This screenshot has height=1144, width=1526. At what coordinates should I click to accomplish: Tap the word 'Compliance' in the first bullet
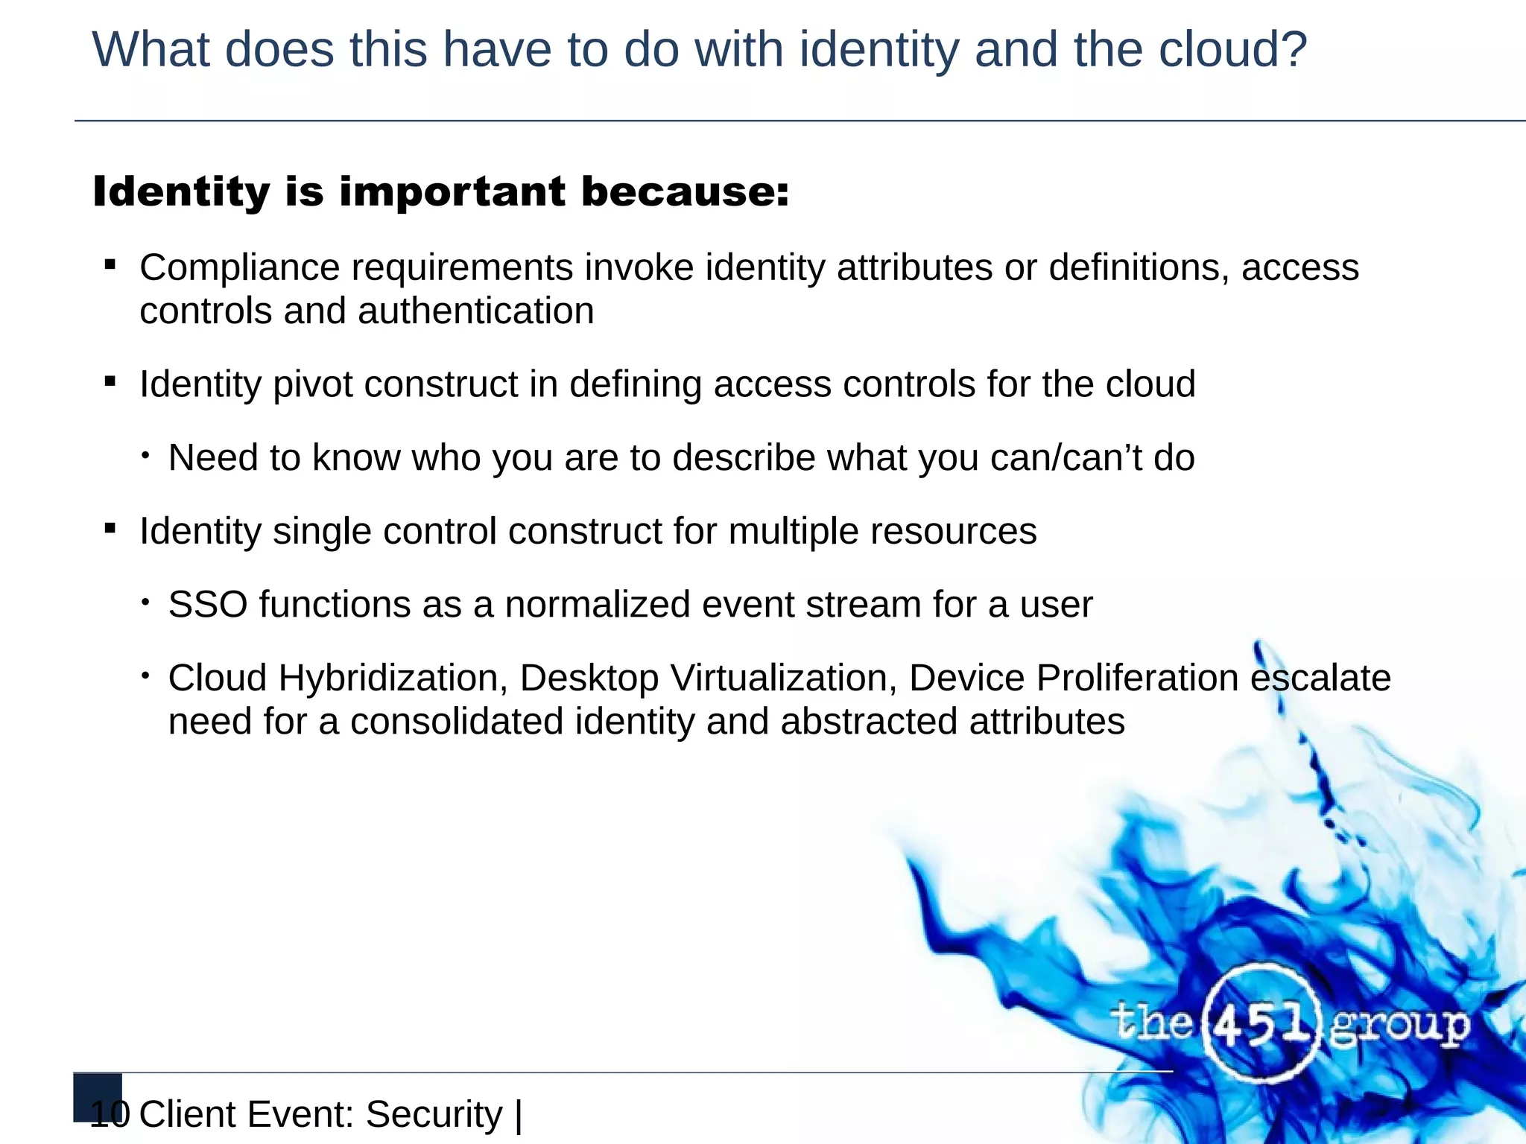pos(239,267)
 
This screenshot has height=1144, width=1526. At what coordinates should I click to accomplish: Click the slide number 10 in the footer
pos(110,1114)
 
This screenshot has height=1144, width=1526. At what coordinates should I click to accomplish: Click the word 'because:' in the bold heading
pos(685,192)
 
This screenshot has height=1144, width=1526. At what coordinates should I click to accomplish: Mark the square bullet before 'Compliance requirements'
pos(110,264)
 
